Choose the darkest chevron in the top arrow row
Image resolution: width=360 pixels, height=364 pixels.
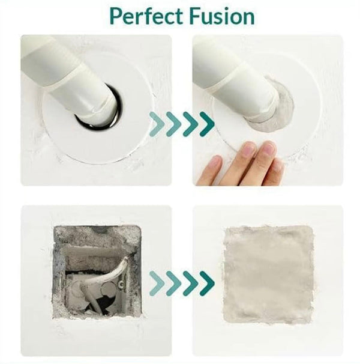(x=207, y=124)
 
